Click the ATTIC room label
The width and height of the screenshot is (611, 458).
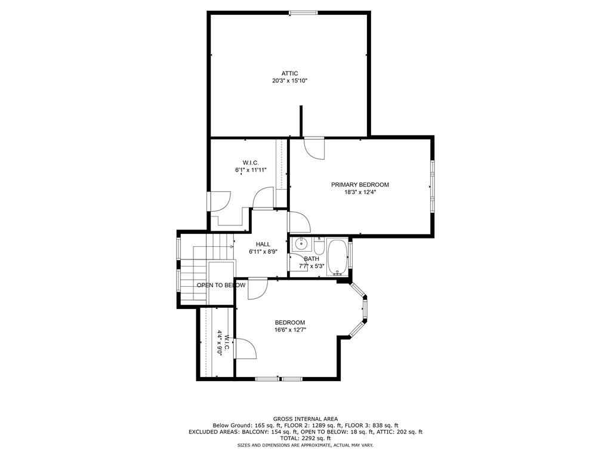(x=290, y=73)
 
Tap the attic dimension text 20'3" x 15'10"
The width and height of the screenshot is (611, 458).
(x=290, y=81)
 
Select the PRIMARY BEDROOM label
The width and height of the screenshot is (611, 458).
(x=360, y=185)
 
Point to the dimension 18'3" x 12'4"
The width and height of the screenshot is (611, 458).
(x=360, y=193)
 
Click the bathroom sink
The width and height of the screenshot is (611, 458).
(x=301, y=244)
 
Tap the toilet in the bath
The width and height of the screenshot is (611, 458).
(x=319, y=246)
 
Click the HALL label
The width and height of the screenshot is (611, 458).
(x=263, y=244)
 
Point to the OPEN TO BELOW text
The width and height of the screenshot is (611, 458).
(x=221, y=285)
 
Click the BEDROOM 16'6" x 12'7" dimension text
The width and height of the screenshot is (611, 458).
(x=290, y=330)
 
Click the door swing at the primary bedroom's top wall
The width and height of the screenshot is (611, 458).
(x=314, y=148)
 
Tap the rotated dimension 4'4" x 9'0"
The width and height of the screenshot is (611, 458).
(x=220, y=343)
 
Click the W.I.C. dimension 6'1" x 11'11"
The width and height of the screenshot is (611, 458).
(x=251, y=170)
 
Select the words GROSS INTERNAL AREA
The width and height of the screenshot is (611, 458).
(x=305, y=419)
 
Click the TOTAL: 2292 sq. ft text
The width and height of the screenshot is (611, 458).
(x=305, y=438)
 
